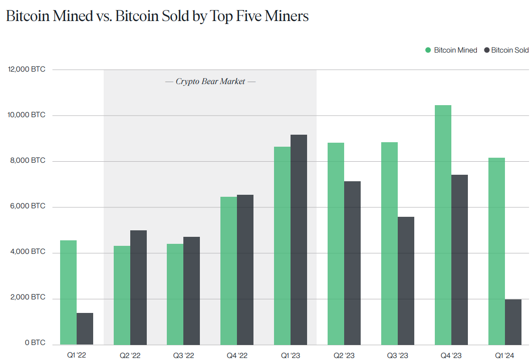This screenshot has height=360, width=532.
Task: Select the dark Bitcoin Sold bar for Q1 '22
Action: (85, 328)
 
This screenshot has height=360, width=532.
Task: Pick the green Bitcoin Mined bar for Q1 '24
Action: (496, 251)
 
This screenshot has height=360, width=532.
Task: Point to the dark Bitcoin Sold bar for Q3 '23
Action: (406, 280)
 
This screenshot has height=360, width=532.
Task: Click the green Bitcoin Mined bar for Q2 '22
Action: (122, 295)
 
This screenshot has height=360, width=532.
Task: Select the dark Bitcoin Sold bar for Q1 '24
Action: (513, 321)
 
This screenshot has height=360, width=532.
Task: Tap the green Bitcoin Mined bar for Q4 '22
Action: (228, 270)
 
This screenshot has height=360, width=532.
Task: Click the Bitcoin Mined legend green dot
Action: (428, 50)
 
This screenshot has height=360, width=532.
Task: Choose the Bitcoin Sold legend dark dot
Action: (485, 50)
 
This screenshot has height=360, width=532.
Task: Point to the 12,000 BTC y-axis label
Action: (27, 70)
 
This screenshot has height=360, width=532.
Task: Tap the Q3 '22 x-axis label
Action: (183, 355)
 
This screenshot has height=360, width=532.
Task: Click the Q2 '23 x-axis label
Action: (344, 355)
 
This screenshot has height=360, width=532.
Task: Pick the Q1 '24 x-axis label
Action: (504, 355)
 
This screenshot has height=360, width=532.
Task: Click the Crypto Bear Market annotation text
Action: (210, 81)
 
